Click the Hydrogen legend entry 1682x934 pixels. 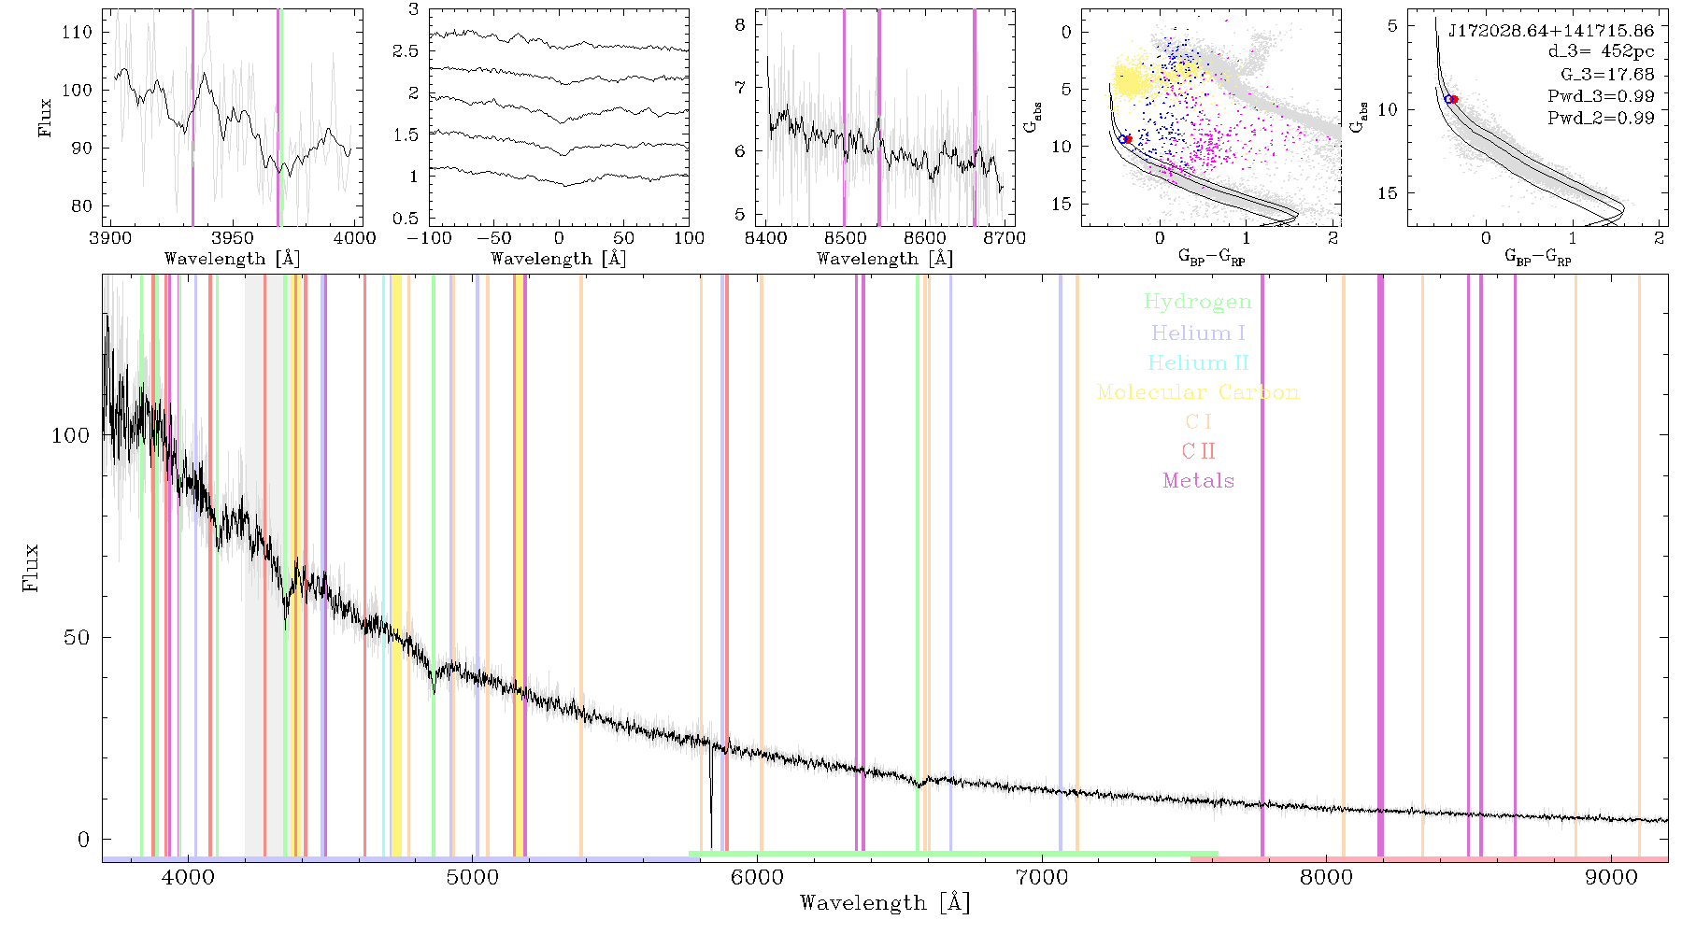(x=1197, y=303)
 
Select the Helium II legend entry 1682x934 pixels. (x=1198, y=362)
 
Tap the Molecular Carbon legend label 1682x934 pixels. (x=1198, y=392)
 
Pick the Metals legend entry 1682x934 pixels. (x=1198, y=480)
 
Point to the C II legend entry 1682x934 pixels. (x=1198, y=451)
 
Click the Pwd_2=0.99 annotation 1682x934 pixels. (x=1601, y=118)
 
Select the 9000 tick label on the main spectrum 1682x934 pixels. (x=1611, y=877)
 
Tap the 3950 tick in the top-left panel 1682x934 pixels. (x=233, y=237)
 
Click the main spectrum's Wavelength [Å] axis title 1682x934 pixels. (x=885, y=902)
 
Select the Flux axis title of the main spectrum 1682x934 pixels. (x=31, y=568)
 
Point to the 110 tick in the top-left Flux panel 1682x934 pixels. (x=77, y=32)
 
